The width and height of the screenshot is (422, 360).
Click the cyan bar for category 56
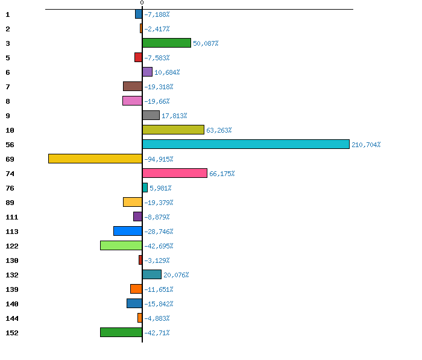coord(245,144)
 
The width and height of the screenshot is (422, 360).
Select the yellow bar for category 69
coord(95,159)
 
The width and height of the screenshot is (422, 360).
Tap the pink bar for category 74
coord(175,173)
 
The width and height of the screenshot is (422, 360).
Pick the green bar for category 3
coord(166,43)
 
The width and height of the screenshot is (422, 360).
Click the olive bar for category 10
coord(173,130)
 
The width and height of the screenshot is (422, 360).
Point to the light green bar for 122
coord(121,245)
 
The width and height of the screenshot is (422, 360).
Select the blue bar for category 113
coord(128,231)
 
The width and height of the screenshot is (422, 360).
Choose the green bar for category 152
coord(121,332)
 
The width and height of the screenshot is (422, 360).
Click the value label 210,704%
coord(366,145)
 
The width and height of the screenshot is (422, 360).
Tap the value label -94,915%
coord(159,159)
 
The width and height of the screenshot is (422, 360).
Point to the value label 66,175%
coord(222,174)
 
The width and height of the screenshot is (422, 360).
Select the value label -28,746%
coord(159,232)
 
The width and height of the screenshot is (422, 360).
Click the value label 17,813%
coord(174,116)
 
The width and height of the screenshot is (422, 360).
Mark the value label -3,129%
coord(157,261)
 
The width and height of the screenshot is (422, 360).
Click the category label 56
coord(10,145)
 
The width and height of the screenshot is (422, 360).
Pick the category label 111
coord(11,217)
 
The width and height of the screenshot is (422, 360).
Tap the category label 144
coord(11,318)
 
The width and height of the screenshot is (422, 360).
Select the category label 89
coord(10,203)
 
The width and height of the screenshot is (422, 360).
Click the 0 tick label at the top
coord(142,3)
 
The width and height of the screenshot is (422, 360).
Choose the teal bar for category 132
coord(152,274)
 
